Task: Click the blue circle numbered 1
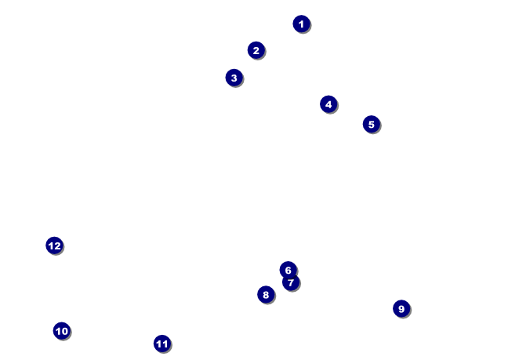tap(301, 24)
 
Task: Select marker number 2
tap(256, 50)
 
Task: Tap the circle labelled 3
tap(234, 78)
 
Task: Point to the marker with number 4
tap(328, 104)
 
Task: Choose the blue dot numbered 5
tap(371, 124)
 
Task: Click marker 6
tap(288, 270)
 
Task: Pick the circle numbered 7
tap(291, 282)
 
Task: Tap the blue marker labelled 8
tap(266, 295)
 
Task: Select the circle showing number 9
tap(401, 308)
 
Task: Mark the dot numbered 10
tap(62, 331)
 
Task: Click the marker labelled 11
tap(161, 344)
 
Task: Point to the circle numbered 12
tap(54, 245)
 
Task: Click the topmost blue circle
tap(301, 24)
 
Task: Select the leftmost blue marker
tap(54, 245)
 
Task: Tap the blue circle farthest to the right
tap(401, 308)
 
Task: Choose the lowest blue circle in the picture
tap(161, 344)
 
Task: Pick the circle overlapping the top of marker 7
tap(288, 270)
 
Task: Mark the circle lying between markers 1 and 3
tap(256, 50)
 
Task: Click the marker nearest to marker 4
tap(371, 124)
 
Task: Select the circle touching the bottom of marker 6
tap(291, 282)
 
